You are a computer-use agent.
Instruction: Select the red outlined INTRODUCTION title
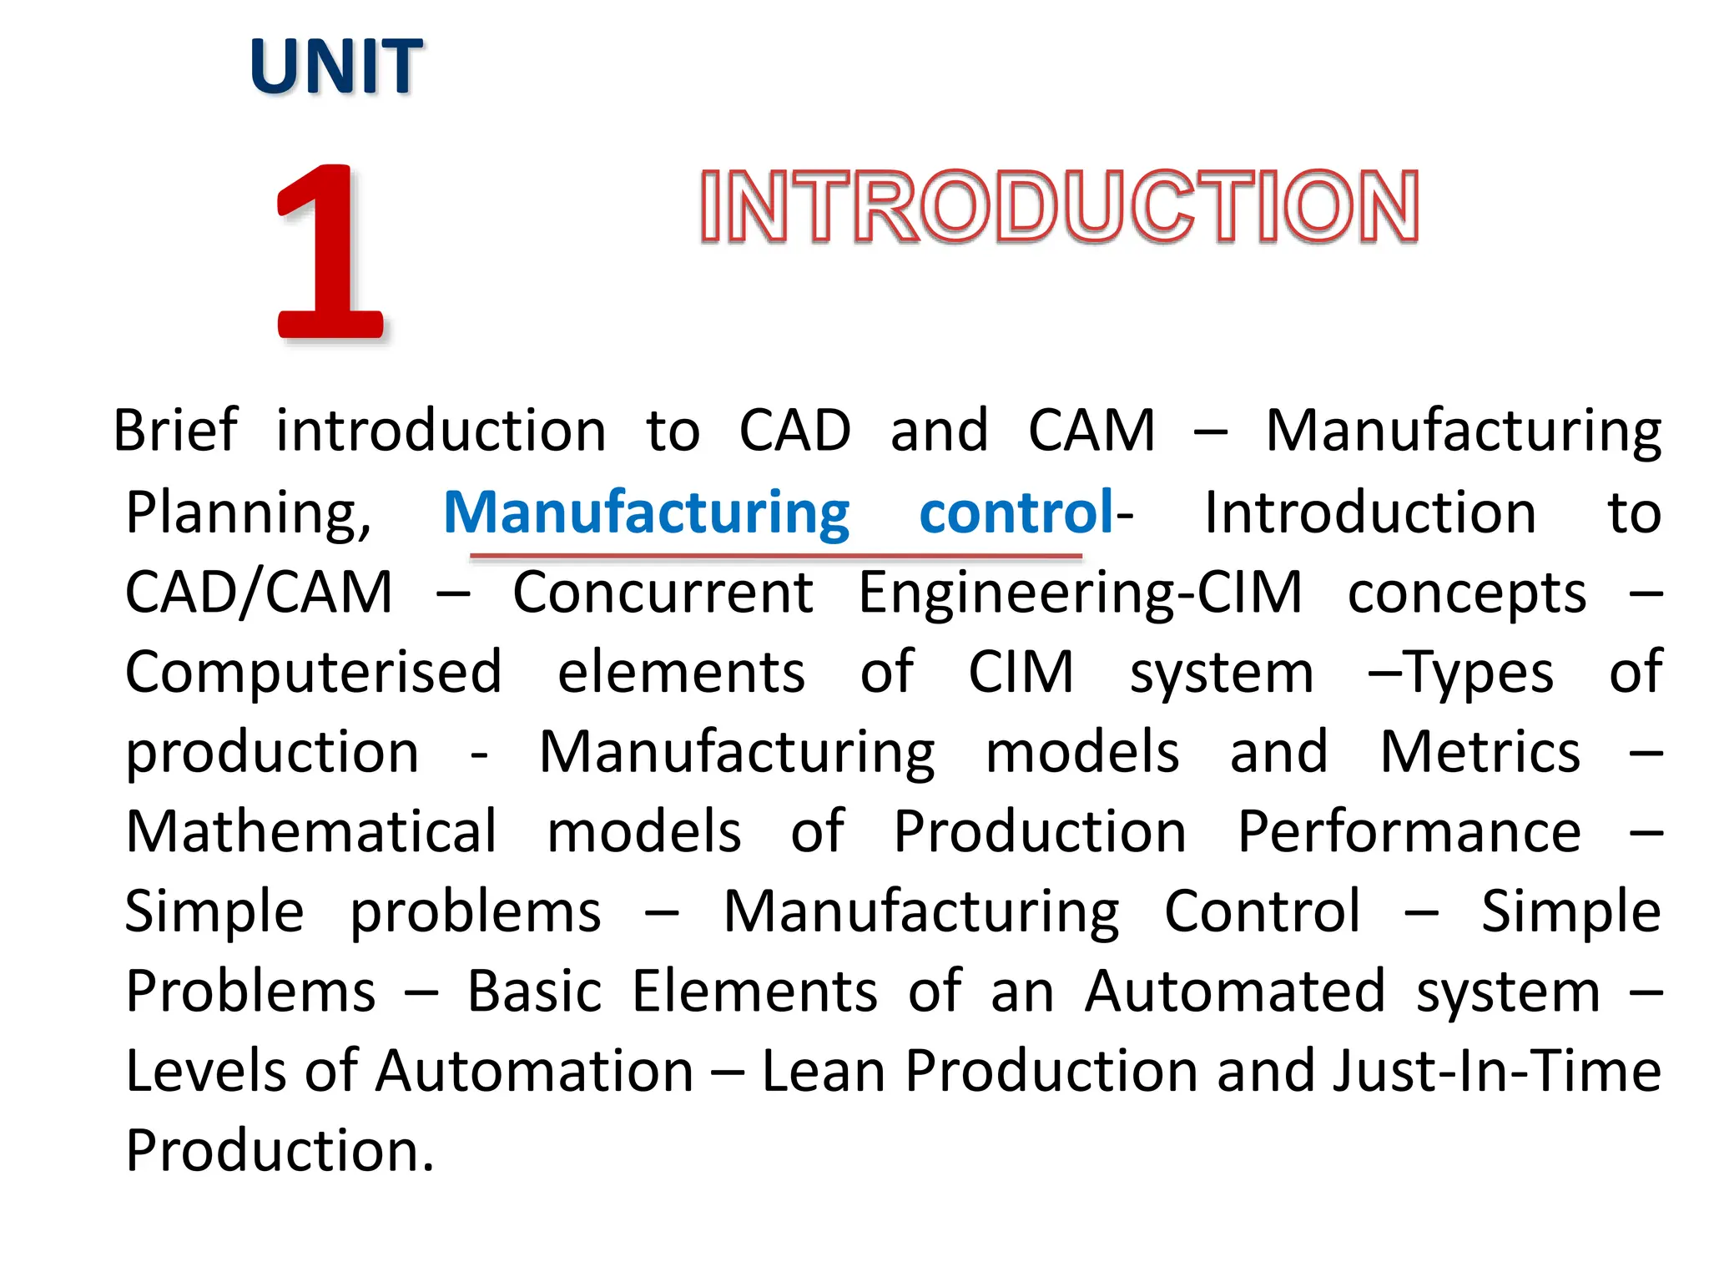[1059, 207]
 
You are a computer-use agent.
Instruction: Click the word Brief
[175, 431]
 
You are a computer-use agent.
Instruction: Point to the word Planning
[248, 512]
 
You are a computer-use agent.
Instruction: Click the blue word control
[1016, 512]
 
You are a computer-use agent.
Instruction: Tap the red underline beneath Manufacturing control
[775, 555]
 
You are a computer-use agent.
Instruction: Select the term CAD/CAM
[259, 593]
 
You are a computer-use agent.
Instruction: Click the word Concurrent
[663, 593]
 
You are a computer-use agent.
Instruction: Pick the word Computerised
[314, 673]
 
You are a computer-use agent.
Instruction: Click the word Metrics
[1480, 752]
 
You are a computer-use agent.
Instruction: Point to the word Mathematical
[311, 831]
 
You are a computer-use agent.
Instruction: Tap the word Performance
[1409, 831]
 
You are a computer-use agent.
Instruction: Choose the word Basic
[534, 992]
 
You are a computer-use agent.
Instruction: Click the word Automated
[1235, 992]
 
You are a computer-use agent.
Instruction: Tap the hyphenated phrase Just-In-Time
[1496, 1071]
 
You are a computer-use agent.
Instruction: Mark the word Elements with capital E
[754, 992]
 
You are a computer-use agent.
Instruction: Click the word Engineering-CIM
[1080, 593]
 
